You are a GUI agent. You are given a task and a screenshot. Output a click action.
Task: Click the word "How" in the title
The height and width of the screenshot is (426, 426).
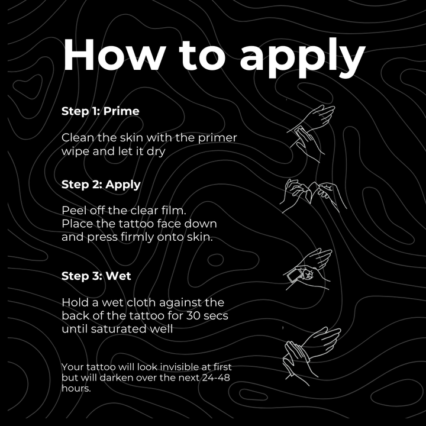coord(114,55)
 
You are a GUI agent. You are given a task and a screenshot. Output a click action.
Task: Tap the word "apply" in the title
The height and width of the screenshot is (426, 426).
coord(302,58)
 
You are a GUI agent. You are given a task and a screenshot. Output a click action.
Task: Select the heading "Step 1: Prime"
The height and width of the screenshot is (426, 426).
coord(100,111)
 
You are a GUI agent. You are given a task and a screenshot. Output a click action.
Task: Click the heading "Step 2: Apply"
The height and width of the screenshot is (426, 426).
coord(101,185)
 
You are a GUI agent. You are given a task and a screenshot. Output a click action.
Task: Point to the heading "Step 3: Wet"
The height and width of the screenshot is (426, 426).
coord(96,276)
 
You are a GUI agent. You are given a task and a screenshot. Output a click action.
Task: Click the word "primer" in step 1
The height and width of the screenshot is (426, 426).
coord(217,138)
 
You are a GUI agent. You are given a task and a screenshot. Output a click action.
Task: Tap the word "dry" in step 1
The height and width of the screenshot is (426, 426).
coord(156,151)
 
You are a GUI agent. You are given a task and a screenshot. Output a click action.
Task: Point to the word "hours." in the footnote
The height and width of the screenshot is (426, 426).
coord(76,388)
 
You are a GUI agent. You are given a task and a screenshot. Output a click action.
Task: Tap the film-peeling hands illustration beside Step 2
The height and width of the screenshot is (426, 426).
coord(313,196)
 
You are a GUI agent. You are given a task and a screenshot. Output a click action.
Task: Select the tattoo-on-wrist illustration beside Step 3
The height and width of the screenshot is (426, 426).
coord(308,269)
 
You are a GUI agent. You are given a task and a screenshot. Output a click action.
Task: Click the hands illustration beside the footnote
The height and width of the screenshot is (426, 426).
coord(312,356)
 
